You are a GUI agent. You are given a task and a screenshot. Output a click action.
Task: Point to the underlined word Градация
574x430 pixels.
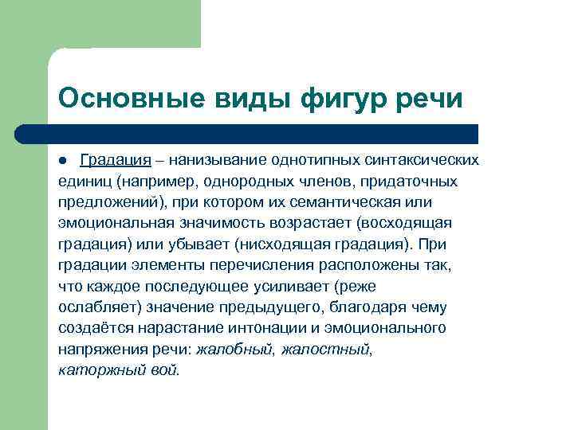click(115, 160)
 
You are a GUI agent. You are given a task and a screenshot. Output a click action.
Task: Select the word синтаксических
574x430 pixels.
click(427, 160)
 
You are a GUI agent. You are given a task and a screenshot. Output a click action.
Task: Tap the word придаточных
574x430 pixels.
click(414, 181)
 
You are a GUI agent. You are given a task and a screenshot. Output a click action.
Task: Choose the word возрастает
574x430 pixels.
click(319, 222)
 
